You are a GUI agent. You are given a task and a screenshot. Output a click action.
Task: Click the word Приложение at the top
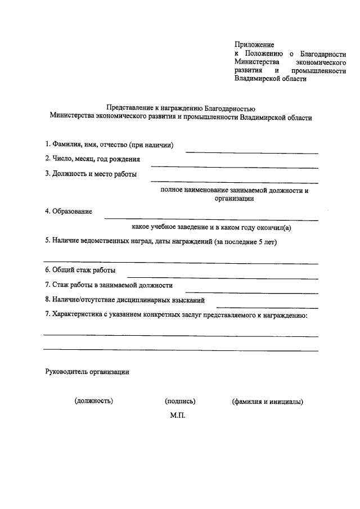254,44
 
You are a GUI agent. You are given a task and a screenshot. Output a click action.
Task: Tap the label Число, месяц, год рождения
92,160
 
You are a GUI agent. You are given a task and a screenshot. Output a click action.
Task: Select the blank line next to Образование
211,219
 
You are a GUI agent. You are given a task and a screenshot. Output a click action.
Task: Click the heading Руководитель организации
87,372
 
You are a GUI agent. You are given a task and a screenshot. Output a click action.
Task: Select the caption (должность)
94,402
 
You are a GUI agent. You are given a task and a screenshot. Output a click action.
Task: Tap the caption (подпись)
180,402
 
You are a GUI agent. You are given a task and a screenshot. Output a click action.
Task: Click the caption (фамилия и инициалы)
267,402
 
